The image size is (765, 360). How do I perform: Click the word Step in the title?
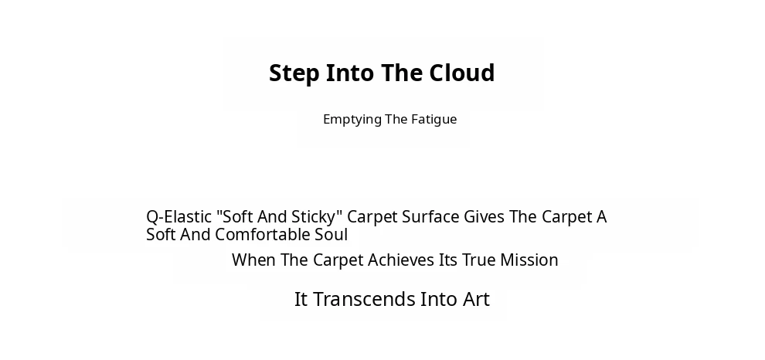pyautogui.click(x=294, y=73)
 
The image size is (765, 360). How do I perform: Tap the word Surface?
pyautogui.click(x=430, y=216)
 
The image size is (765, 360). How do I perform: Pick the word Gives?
pyautogui.click(x=484, y=216)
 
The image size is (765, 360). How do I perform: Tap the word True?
pyautogui.click(x=479, y=260)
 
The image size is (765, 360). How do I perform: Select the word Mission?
pyautogui.click(x=529, y=260)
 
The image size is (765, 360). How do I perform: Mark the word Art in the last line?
pyautogui.click(x=476, y=299)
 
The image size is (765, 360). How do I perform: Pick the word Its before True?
pyautogui.click(x=448, y=260)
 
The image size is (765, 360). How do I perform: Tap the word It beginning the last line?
pyautogui.click(x=301, y=299)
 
